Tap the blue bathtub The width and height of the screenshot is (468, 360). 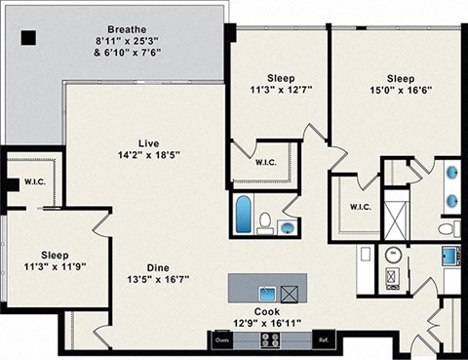[x=244, y=213]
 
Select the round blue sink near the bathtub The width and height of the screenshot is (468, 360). [x=286, y=227]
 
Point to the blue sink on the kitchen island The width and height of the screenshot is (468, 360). [x=266, y=293]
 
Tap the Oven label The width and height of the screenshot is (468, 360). [x=221, y=340]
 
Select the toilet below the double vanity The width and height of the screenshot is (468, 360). [x=447, y=229]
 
